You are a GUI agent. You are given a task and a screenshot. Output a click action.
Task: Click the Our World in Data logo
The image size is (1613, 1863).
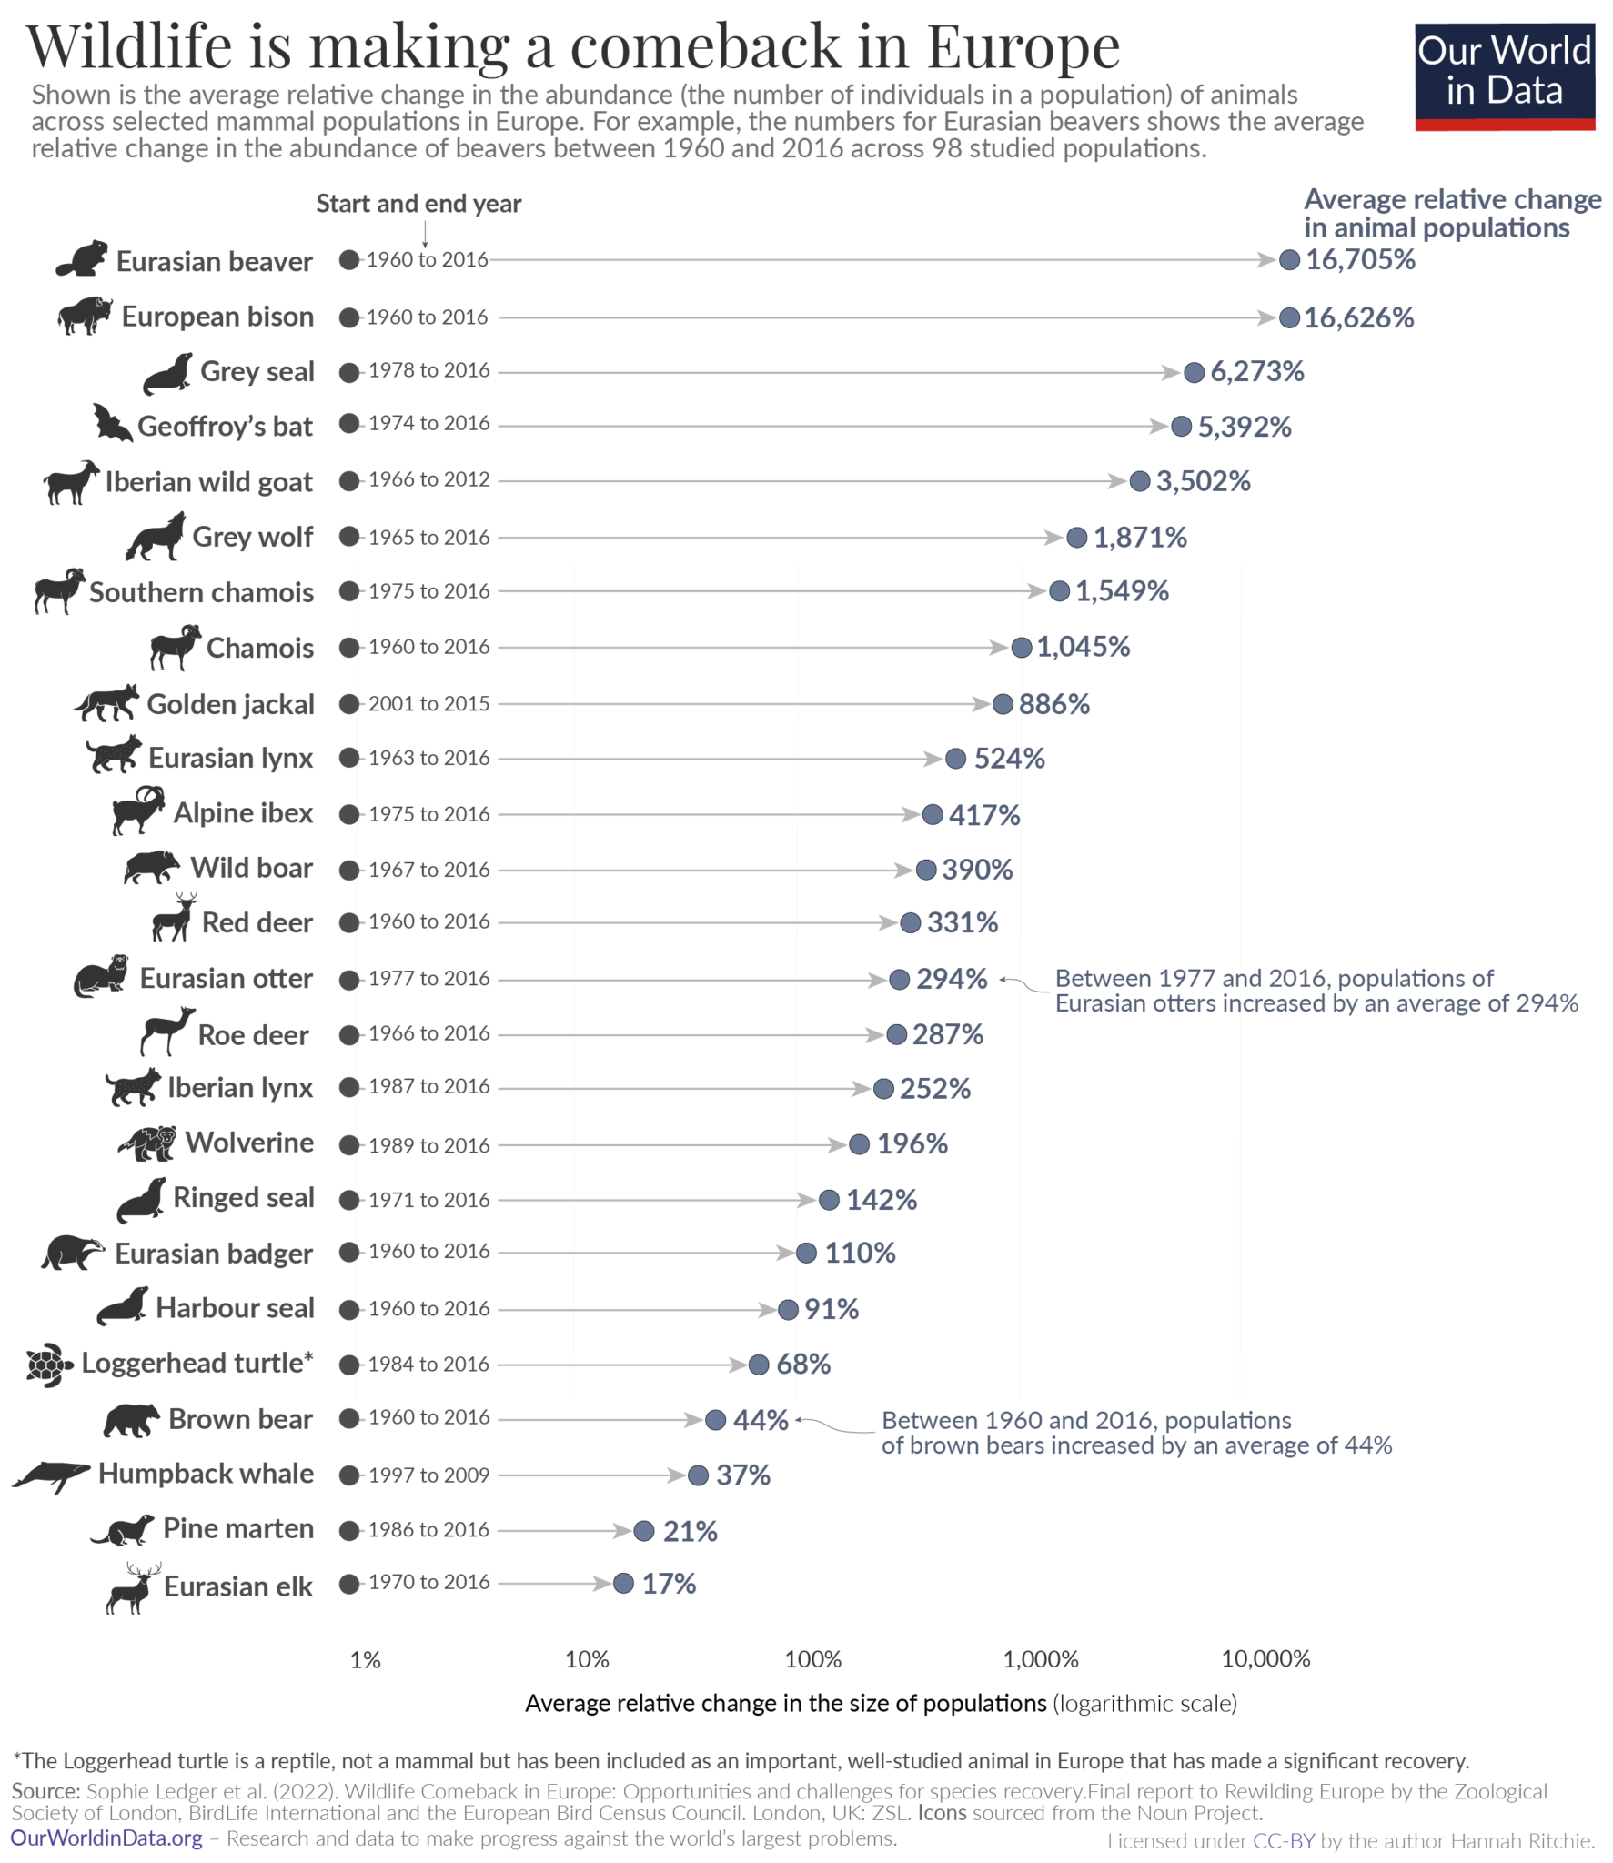tap(1504, 76)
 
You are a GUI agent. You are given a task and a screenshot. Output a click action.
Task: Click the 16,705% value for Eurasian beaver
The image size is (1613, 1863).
tap(1360, 260)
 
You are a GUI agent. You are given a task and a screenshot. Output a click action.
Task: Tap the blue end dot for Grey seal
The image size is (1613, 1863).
tap(1194, 372)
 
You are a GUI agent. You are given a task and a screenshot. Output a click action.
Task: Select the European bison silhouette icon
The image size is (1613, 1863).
tap(84, 316)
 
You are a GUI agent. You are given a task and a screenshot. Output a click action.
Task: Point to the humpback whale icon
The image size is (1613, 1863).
tap(50, 1475)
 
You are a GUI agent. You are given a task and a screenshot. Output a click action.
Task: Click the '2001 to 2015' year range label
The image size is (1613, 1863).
tap(428, 704)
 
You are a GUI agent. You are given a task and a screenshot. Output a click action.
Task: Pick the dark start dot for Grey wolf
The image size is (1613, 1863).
tap(348, 537)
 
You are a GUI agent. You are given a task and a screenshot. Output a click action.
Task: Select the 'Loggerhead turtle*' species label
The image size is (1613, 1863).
tap(197, 1364)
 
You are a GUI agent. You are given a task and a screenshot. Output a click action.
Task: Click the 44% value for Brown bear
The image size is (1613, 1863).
tap(761, 1421)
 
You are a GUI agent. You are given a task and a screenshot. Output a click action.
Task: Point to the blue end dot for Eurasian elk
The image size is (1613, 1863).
tap(623, 1585)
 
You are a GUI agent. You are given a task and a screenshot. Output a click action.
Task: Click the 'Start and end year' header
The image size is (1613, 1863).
tap(418, 204)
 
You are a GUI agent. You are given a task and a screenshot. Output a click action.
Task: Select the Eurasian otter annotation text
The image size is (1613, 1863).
tap(1316, 992)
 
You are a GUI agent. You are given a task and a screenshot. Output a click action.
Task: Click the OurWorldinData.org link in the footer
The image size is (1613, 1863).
tap(106, 1838)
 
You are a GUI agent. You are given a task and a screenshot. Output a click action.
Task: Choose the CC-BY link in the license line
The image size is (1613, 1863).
tap(1284, 1841)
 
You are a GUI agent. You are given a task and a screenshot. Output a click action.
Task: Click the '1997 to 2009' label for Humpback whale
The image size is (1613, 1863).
tap(428, 1475)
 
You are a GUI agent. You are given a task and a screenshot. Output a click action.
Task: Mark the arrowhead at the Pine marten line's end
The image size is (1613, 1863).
tap(622, 1531)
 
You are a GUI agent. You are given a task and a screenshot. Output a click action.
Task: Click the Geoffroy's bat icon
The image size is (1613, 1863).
tap(111, 423)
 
